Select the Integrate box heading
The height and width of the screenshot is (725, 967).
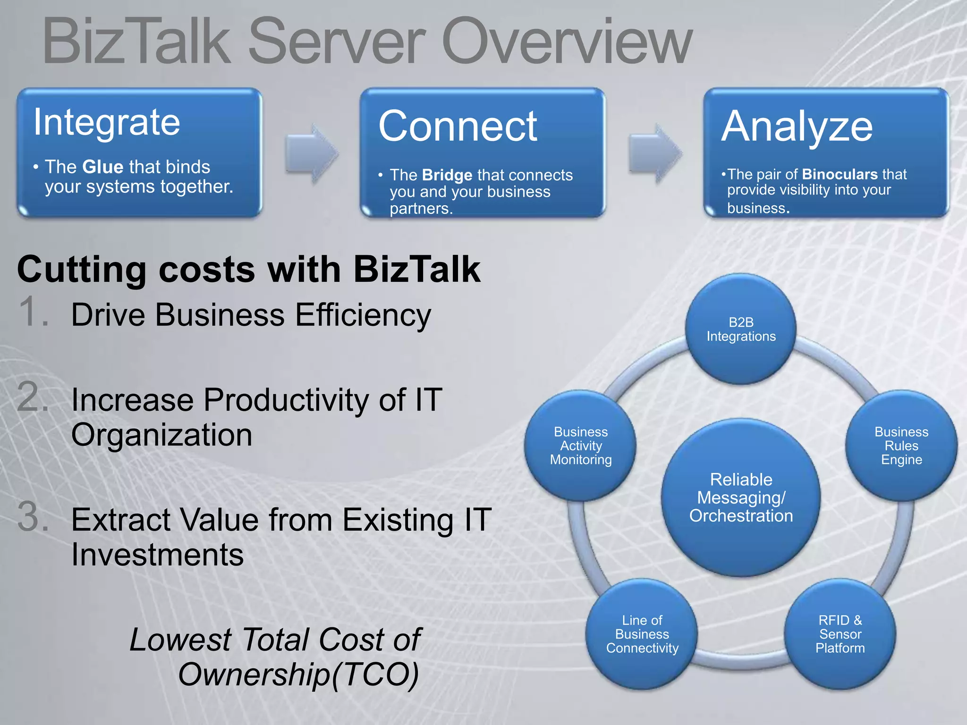point(107,123)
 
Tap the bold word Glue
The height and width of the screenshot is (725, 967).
point(102,167)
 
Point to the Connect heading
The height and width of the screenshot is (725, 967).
point(458,126)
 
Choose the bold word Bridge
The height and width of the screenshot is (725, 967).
point(447,175)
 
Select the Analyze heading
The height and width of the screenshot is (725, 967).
point(797,126)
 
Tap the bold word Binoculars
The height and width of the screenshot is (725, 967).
point(839,175)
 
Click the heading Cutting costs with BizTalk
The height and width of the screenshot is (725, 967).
point(248,270)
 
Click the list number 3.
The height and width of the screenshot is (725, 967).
point(33,517)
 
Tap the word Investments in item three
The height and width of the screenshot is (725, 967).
point(157,555)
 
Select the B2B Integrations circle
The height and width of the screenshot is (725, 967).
point(741,329)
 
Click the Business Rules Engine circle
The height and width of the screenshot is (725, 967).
point(901,446)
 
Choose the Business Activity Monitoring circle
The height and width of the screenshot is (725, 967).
point(580,446)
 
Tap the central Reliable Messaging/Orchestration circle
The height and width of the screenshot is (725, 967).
point(741,497)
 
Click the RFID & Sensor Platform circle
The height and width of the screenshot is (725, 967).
point(840,634)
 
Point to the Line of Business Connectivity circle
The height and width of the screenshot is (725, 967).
point(642,634)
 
